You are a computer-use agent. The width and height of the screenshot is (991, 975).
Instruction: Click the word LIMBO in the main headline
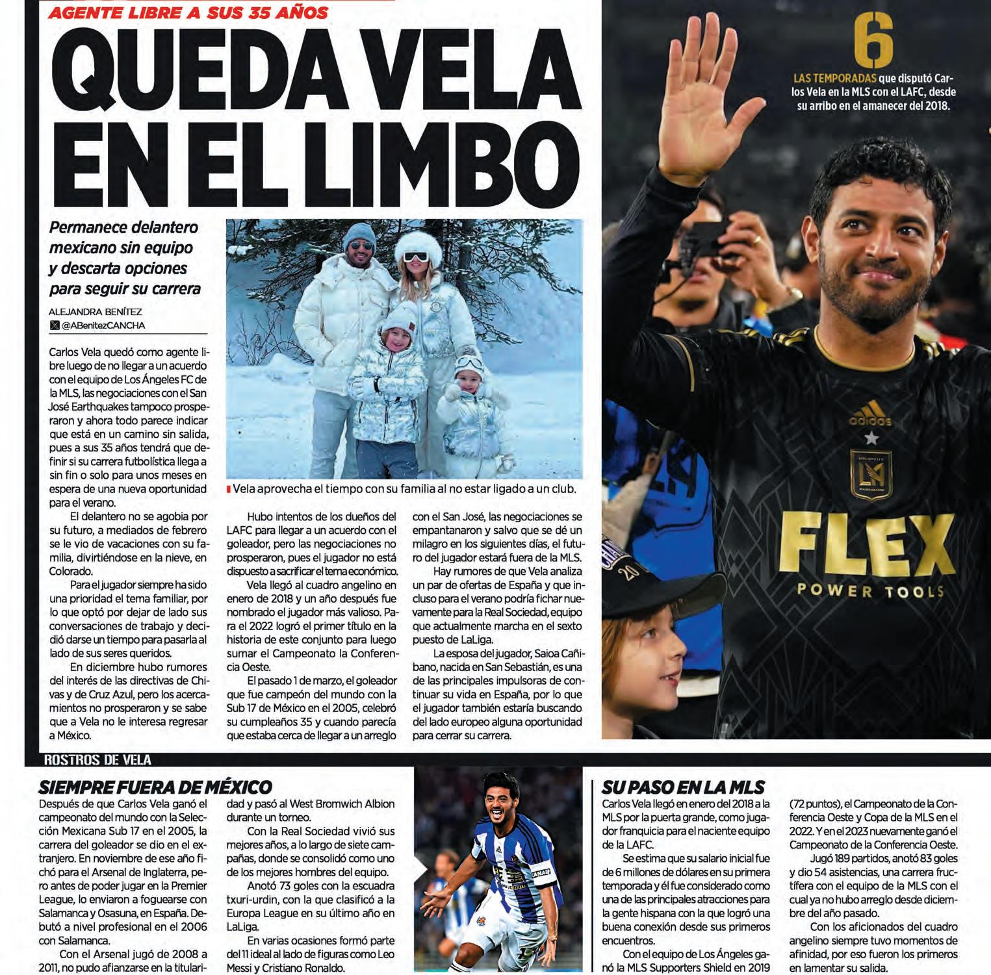(x=430, y=155)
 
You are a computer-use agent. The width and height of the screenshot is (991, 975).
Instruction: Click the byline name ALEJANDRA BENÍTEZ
(x=95, y=312)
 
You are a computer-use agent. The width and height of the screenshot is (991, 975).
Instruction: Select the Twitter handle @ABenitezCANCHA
(x=103, y=325)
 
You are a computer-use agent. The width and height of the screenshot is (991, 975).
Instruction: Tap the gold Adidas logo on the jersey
(x=869, y=413)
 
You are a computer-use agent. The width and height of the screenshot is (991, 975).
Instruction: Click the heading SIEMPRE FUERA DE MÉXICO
(x=155, y=787)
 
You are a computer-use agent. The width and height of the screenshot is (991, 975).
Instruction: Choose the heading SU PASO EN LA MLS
(x=682, y=787)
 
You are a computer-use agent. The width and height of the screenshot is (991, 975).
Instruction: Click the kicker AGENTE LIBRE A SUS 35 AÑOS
(x=188, y=12)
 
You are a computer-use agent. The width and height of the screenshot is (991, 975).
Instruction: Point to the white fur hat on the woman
(x=418, y=245)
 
